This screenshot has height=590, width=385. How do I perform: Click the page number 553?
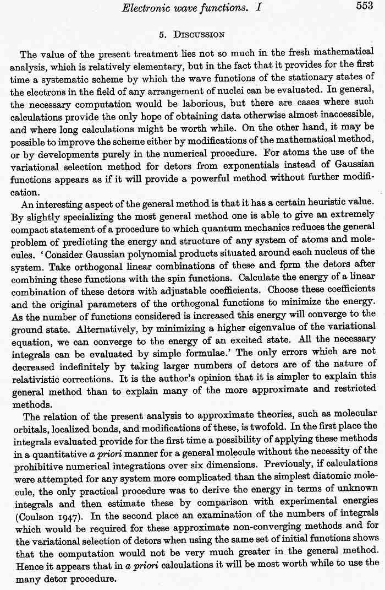(x=365, y=6)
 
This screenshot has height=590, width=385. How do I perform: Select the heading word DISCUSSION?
(x=199, y=34)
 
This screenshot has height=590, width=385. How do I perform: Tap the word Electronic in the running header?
(x=148, y=7)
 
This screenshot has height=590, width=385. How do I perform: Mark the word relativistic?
(x=37, y=380)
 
